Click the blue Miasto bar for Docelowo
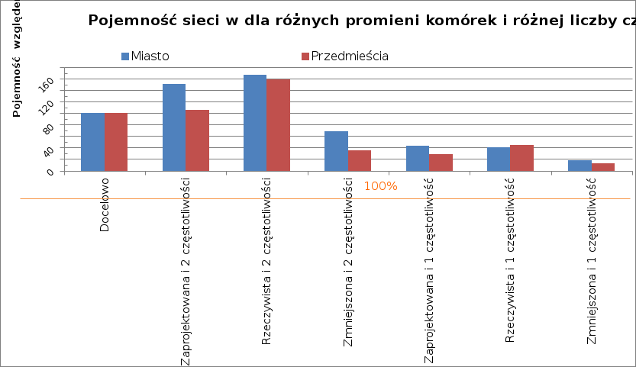pos(92,142)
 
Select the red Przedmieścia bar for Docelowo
pos(116,142)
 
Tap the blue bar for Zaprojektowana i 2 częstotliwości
pos(174,127)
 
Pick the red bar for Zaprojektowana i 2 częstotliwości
pos(197,140)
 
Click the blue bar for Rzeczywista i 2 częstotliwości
pos(255,123)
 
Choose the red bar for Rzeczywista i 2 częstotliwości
pos(278,125)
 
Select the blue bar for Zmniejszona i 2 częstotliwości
pos(336,151)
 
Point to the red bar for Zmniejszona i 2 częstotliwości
pos(360,160)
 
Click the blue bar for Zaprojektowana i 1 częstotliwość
pos(418,158)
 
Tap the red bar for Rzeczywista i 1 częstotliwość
pos(521,158)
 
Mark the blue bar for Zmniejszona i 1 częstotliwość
pos(580,166)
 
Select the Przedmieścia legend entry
pos(344,56)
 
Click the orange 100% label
pos(380,186)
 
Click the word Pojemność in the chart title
pos(128,20)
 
